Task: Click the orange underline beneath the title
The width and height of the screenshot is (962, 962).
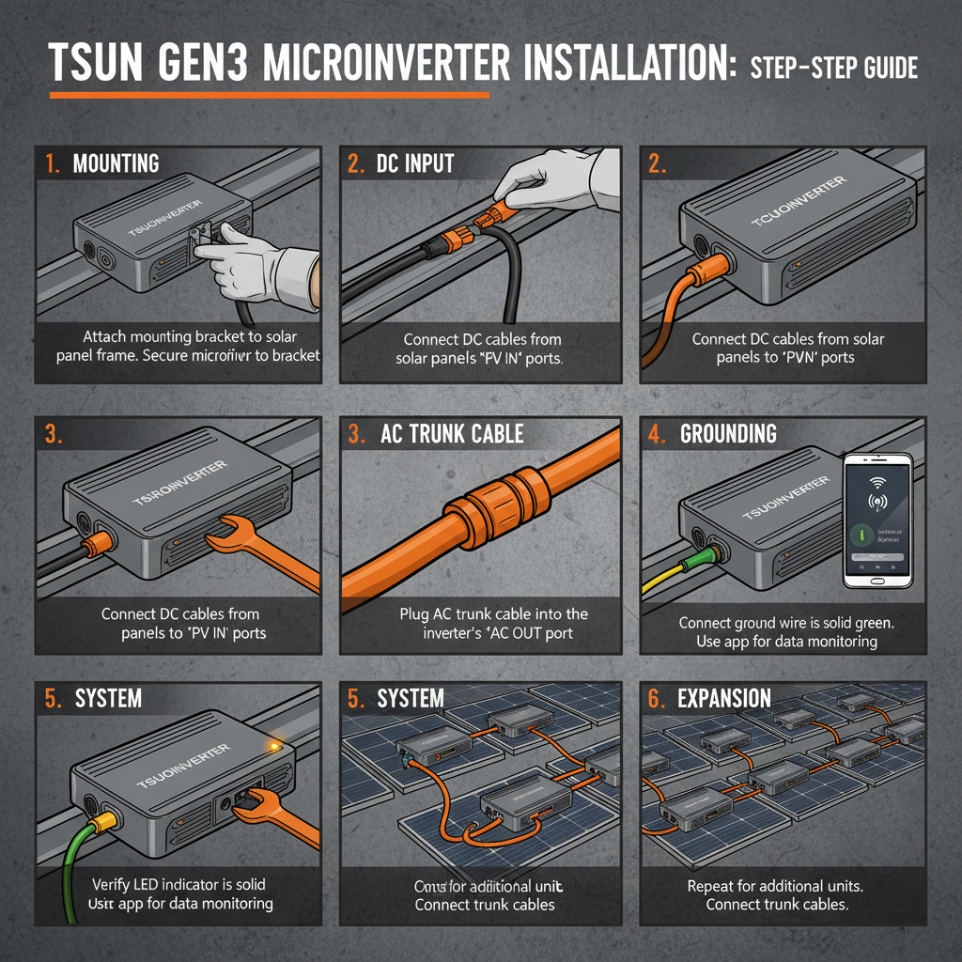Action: (268, 95)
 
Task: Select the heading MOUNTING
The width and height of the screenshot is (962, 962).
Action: (116, 163)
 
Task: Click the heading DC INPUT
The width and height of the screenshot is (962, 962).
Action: (415, 163)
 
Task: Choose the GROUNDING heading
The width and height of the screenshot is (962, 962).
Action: (728, 434)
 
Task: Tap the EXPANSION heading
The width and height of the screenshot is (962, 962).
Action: (723, 698)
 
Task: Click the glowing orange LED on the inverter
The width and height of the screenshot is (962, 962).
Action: (273, 746)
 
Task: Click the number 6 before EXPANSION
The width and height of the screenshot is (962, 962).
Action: (656, 698)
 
